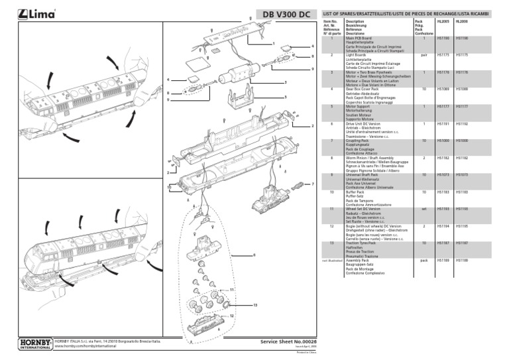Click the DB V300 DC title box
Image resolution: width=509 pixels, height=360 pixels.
[286, 14]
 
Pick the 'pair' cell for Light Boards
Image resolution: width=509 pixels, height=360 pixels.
[423, 55]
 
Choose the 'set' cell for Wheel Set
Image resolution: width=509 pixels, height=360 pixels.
[423, 209]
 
